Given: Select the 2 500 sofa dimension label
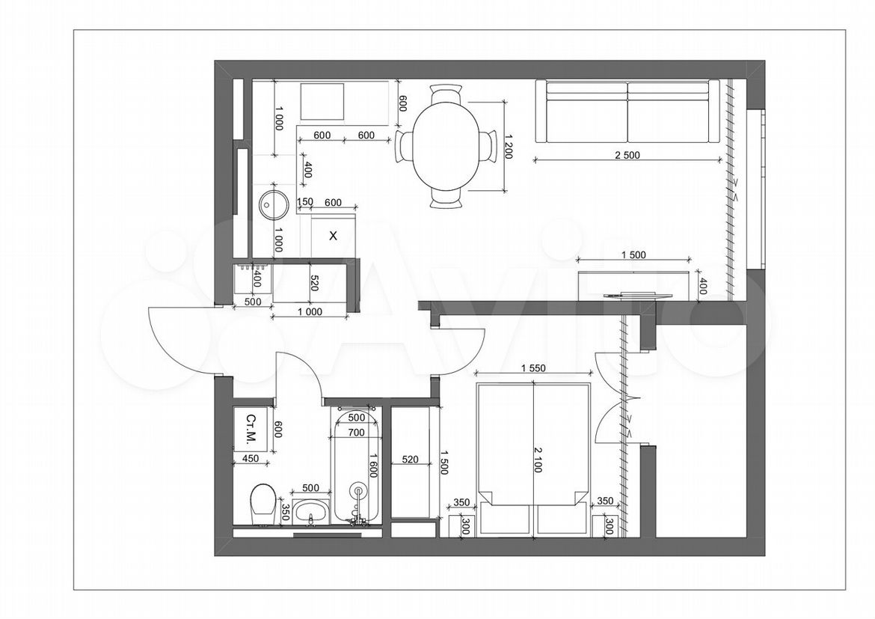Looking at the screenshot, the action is pyautogui.click(x=627, y=155).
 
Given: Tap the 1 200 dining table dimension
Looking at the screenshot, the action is pyautogui.click(x=508, y=147).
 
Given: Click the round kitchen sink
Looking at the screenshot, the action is pyautogui.click(x=274, y=204).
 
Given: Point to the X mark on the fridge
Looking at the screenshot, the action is pyautogui.click(x=333, y=237).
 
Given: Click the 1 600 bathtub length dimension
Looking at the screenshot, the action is pyautogui.click(x=372, y=464).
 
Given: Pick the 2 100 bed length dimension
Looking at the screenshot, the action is pyautogui.click(x=538, y=460).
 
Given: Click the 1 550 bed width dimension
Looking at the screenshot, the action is pyautogui.click(x=533, y=368).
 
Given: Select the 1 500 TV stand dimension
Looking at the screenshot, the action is pyautogui.click(x=633, y=254).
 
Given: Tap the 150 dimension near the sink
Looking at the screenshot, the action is pyautogui.click(x=305, y=202).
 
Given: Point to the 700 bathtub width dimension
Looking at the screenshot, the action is pyautogui.click(x=355, y=433).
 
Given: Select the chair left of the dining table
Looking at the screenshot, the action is pyautogui.click(x=403, y=147).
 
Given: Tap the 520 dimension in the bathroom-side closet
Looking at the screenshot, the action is pyautogui.click(x=410, y=460).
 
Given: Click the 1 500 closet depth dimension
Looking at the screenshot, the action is pyautogui.click(x=444, y=462).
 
